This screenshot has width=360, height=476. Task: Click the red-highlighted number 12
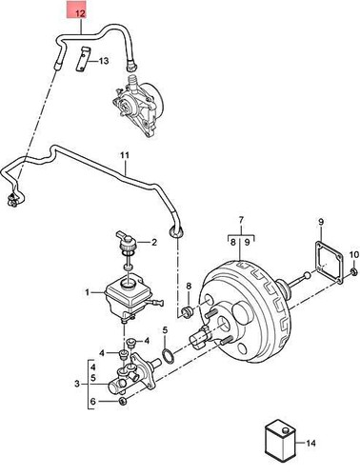79,14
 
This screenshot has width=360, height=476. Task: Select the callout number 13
104,62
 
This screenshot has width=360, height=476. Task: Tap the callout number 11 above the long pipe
124,154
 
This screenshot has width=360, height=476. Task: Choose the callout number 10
353,254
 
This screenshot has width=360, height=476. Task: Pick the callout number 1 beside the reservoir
87,292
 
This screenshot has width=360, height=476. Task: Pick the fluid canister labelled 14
279,444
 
